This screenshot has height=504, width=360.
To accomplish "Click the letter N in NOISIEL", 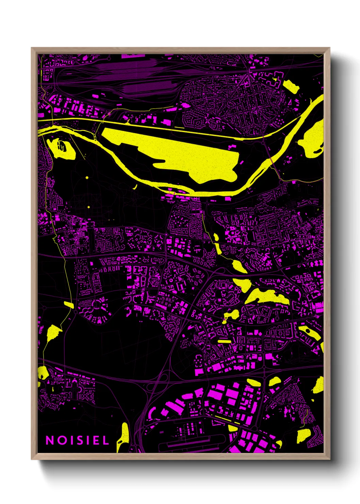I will point(50,440).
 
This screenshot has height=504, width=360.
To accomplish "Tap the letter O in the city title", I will point(61,440).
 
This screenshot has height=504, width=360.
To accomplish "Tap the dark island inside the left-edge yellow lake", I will point(62,146).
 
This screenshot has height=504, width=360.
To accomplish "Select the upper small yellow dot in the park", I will point(87,178).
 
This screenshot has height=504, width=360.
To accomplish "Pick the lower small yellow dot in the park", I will point(88,207).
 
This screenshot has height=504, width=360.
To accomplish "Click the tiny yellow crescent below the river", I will point(135,187).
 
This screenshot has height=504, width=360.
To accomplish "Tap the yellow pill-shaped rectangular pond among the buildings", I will point(224,341).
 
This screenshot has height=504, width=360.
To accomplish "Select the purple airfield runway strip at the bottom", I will point(191,443).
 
